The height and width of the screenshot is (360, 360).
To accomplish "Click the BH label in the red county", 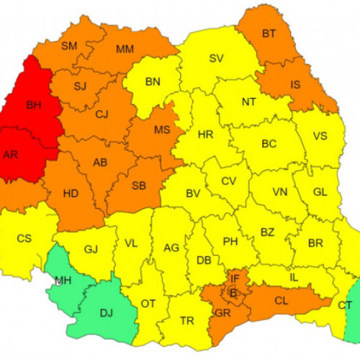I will click(33, 105).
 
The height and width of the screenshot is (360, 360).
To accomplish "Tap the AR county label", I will click(11, 154).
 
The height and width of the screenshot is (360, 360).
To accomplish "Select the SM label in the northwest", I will click(69, 46).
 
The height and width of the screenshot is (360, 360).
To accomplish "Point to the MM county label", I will click(125, 50).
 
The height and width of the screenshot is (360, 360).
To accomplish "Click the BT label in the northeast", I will click(269, 33).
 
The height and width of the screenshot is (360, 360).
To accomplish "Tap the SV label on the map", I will click(216, 59).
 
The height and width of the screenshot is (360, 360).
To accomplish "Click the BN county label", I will click(153, 81).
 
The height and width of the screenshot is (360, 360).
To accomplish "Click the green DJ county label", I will click(105, 313).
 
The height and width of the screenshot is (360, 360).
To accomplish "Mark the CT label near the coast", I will click(345, 305).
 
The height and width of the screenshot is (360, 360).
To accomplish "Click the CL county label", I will click(282, 301).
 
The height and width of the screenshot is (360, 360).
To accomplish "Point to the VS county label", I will click(319, 136).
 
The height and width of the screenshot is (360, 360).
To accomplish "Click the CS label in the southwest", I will click(24, 238).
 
